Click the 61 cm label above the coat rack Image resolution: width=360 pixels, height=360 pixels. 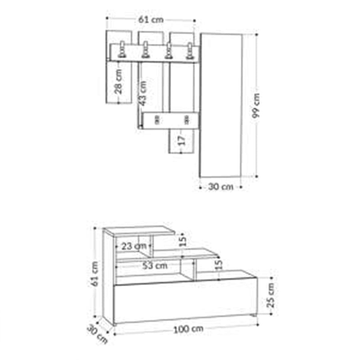(151, 19)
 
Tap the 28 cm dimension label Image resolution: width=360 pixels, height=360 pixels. (118, 81)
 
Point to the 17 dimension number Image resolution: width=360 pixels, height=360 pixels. (181, 140)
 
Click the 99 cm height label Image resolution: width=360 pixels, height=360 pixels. (256, 106)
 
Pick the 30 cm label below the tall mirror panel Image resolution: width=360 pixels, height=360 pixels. (221, 187)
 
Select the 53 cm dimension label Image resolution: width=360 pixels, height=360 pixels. (155, 265)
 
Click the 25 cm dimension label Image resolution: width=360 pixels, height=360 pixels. (271, 295)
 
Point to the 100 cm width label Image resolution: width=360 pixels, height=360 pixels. (188, 329)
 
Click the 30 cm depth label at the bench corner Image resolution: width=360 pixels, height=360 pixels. (97, 333)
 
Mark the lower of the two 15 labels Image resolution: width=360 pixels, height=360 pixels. (218, 265)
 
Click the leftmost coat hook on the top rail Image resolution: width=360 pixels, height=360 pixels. (122, 50)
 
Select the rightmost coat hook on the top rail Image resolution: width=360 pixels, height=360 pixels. (189, 51)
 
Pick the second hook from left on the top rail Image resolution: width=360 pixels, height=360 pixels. (145, 50)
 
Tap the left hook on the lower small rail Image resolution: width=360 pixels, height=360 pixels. (157, 119)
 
